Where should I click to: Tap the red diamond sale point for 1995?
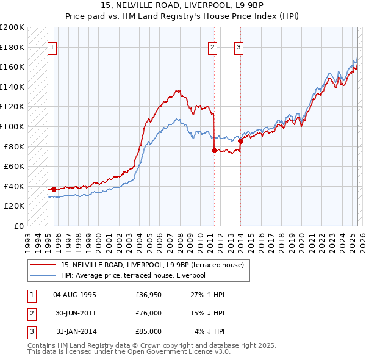point(54,189)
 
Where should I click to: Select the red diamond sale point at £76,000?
point(214,150)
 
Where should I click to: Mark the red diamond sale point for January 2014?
point(240,141)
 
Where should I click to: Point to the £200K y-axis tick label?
point(12,27)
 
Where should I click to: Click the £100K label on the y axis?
point(12,126)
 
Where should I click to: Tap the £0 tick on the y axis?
point(19,226)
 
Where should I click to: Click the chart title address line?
point(182,7)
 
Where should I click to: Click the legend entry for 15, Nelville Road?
point(152,265)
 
